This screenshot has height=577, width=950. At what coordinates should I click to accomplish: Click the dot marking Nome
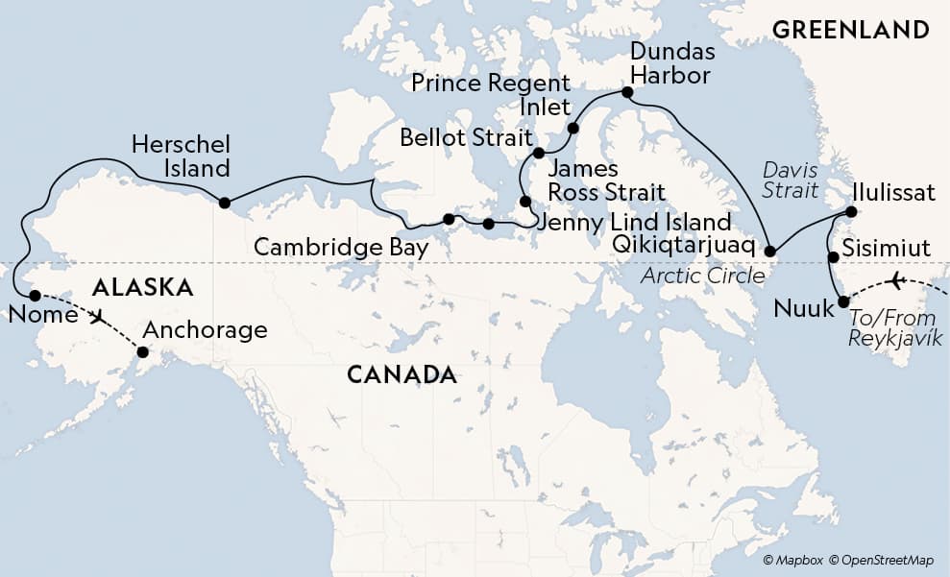(35, 296)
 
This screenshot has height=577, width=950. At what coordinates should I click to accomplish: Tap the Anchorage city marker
(142, 352)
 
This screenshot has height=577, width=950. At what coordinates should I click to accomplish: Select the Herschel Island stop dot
(224, 203)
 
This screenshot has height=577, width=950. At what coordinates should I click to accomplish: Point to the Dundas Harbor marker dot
(627, 92)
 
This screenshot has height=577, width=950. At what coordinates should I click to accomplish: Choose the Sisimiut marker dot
(833, 257)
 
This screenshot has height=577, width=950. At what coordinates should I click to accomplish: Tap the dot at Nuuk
(843, 301)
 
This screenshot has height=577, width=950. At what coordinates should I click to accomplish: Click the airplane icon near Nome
(96, 315)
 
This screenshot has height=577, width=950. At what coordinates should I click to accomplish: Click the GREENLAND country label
(850, 30)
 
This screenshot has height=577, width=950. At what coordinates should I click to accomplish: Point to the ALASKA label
(142, 286)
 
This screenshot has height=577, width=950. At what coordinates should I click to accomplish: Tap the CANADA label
(401, 373)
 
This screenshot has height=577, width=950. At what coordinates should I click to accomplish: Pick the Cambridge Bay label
(340, 247)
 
